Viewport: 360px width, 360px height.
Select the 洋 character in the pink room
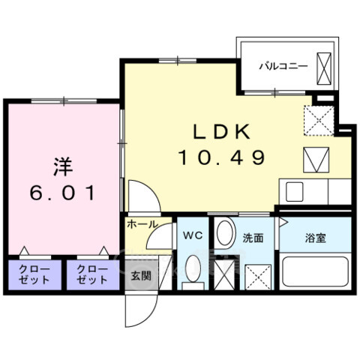[63, 163]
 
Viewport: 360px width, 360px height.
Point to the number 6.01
[63, 193]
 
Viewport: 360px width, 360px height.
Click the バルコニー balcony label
[283, 66]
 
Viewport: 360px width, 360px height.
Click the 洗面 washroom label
[253, 238]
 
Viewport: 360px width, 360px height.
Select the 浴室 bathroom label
[314, 238]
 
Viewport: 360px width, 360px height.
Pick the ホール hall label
[142, 223]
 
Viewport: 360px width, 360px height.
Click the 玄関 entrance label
[141, 275]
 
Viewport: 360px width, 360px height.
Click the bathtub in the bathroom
[315, 274]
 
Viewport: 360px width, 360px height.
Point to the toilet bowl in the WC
[193, 270]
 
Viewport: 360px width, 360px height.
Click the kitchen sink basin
[292, 191]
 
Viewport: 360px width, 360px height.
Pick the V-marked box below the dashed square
[316, 158]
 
